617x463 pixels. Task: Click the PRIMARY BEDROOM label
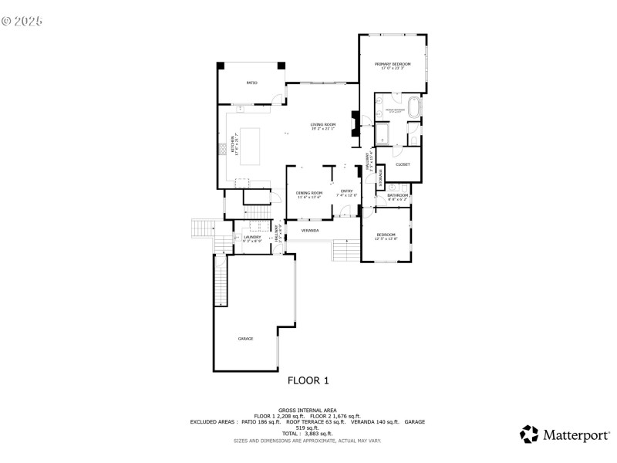tap(392, 64)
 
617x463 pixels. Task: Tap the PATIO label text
tap(251, 83)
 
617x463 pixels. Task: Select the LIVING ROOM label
tap(323, 125)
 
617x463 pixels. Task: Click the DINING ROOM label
tap(308, 193)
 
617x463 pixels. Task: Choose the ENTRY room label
tap(346, 191)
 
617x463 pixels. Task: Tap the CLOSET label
tap(403, 164)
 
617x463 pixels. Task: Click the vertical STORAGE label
tap(380, 178)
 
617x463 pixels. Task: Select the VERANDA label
tap(310, 230)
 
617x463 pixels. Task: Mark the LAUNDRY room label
tap(252, 237)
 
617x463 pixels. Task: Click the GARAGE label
tap(245, 339)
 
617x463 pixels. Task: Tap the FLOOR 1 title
tap(308, 380)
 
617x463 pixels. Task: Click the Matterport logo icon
tap(529, 434)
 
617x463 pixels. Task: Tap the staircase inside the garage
tap(221, 282)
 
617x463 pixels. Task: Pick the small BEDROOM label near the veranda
tap(386, 235)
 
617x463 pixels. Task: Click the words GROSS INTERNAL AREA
tap(308, 410)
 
